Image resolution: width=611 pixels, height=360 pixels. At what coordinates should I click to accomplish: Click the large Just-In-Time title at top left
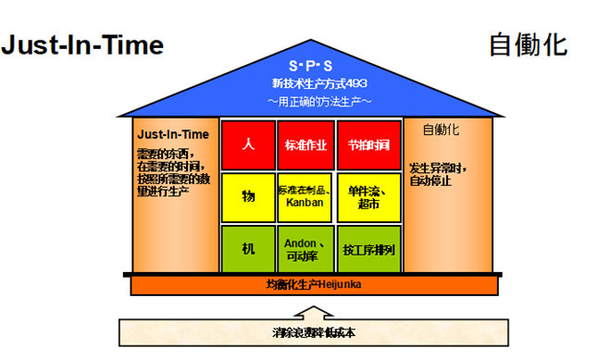pyautogui.click(x=82, y=45)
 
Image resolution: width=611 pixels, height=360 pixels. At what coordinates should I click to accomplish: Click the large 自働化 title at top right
pyautogui.click(x=528, y=43)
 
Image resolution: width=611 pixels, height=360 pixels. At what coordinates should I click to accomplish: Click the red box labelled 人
pyautogui.click(x=247, y=145)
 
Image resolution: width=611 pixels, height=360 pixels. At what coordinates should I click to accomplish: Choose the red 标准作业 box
pyautogui.click(x=305, y=145)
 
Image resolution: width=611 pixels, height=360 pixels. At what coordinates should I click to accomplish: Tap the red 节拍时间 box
pyautogui.click(x=368, y=145)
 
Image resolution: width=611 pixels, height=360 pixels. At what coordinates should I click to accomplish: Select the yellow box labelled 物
pyautogui.click(x=247, y=196)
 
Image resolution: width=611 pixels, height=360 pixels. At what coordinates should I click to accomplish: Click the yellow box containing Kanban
pyautogui.click(x=305, y=196)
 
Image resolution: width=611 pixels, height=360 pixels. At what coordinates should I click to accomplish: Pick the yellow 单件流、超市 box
pyautogui.click(x=368, y=196)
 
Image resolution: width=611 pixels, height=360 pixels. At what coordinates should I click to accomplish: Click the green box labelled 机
pyautogui.click(x=247, y=248)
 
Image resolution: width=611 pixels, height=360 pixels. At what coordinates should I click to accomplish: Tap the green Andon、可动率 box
pyautogui.click(x=305, y=248)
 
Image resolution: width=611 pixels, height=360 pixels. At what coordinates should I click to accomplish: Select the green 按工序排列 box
pyautogui.click(x=368, y=248)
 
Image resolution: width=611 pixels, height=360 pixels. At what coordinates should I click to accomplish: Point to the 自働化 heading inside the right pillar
pyautogui.click(x=441, y=130)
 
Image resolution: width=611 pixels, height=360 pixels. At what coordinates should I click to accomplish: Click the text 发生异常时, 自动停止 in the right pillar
pyautogui.click(x=440, y=176)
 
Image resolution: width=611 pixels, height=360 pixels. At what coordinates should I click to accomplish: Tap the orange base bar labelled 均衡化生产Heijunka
pyautogui.click(x=311, y=283)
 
